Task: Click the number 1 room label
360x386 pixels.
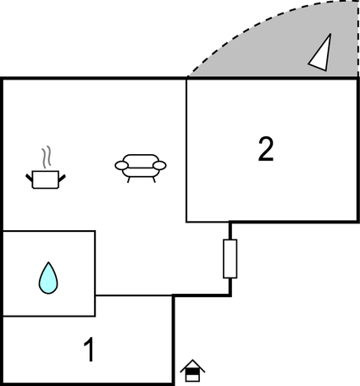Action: tap(89, 350)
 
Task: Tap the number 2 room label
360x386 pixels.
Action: tap(266, 149)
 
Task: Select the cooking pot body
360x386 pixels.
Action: tap(45, 179)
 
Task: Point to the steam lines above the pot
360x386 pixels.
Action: tap(47, 157)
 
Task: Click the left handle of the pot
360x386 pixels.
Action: tap(29, 178)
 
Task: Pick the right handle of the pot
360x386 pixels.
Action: tap(62, 178)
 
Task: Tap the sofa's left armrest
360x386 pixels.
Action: tap(122, 165)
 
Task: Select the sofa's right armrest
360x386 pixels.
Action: tap(159, 165)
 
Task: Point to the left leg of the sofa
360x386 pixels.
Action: tap(129, 179)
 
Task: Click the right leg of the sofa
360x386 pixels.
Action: tap(154, 179)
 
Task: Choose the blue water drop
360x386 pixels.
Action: tap(48, 279)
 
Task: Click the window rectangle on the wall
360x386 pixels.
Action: tap(230, 259)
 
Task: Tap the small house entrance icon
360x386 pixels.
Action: tap(192, 371)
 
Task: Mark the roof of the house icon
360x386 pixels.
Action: tap(192, 366)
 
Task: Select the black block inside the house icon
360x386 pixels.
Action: tap(192, 372)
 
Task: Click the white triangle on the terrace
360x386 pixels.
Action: tap(322, 55)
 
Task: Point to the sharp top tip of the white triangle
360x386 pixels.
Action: tap(330, 34)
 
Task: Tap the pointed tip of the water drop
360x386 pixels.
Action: tap(48, 262)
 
